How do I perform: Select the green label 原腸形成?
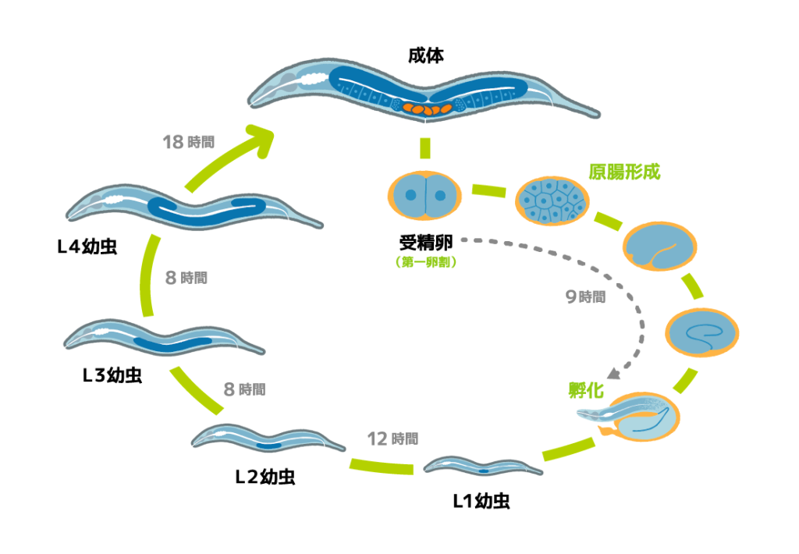[623, 172]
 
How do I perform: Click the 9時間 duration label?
[584, 297]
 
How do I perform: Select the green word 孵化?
[588, 389]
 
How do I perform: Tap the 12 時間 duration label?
[392, 439]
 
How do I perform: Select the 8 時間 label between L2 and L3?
[244, 389]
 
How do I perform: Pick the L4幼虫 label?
[87, 248]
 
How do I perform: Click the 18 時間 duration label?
[188, 142]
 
